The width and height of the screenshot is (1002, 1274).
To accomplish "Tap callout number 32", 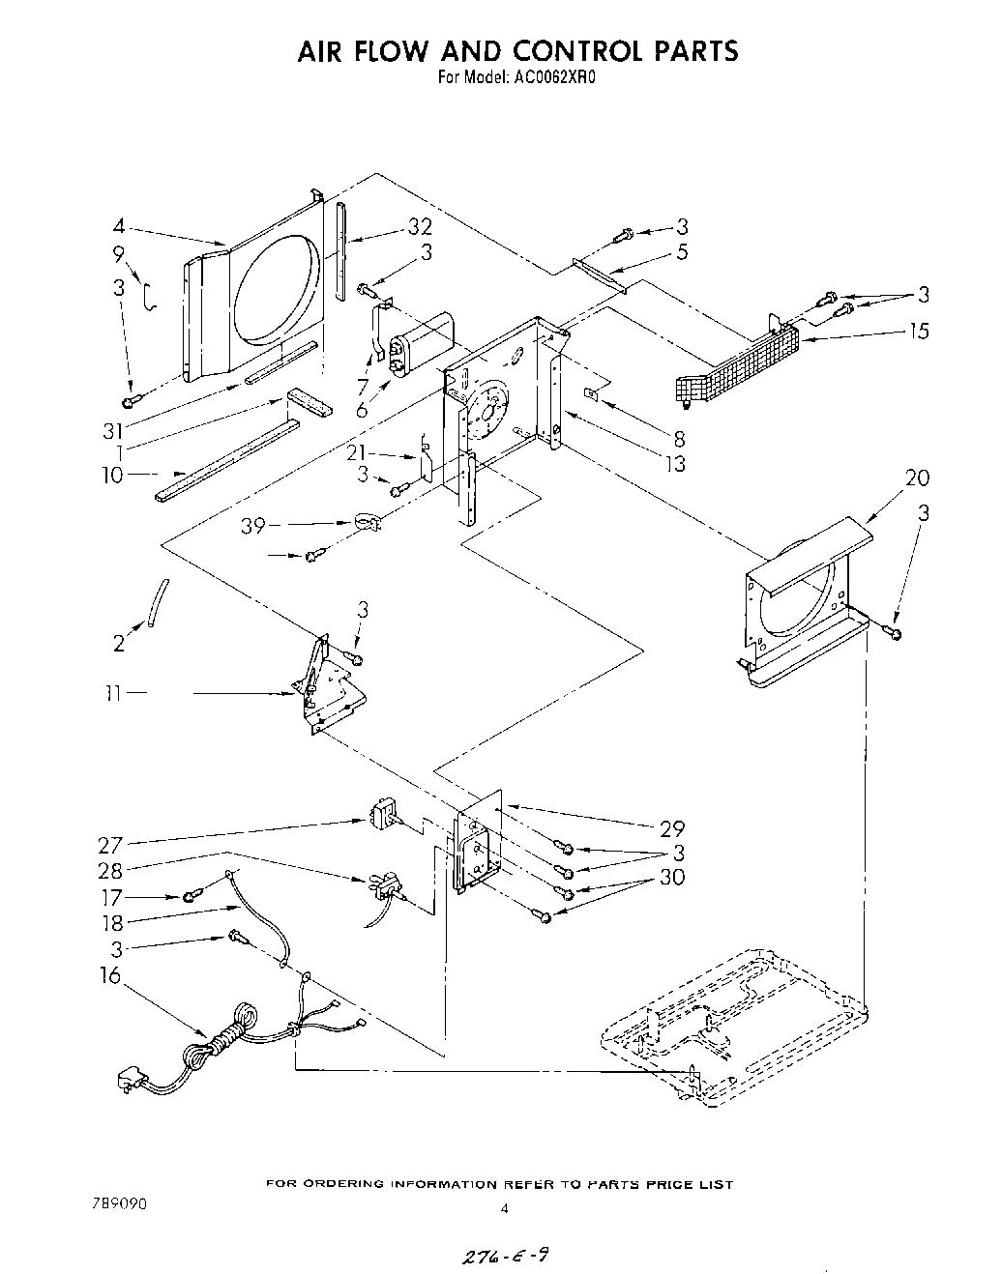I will (x=419, y=228).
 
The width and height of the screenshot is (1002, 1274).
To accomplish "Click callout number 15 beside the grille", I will (x=918, y=331).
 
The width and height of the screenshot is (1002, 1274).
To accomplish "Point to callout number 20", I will (x=917, y=478).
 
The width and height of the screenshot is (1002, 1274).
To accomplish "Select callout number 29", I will (x=671, y=828).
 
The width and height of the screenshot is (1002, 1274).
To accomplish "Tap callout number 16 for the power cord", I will (x=112, y=975).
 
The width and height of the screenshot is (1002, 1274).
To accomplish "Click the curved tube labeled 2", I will (x=158, y=604).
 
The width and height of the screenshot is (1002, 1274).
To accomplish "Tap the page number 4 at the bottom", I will (x=504, y=1207).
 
